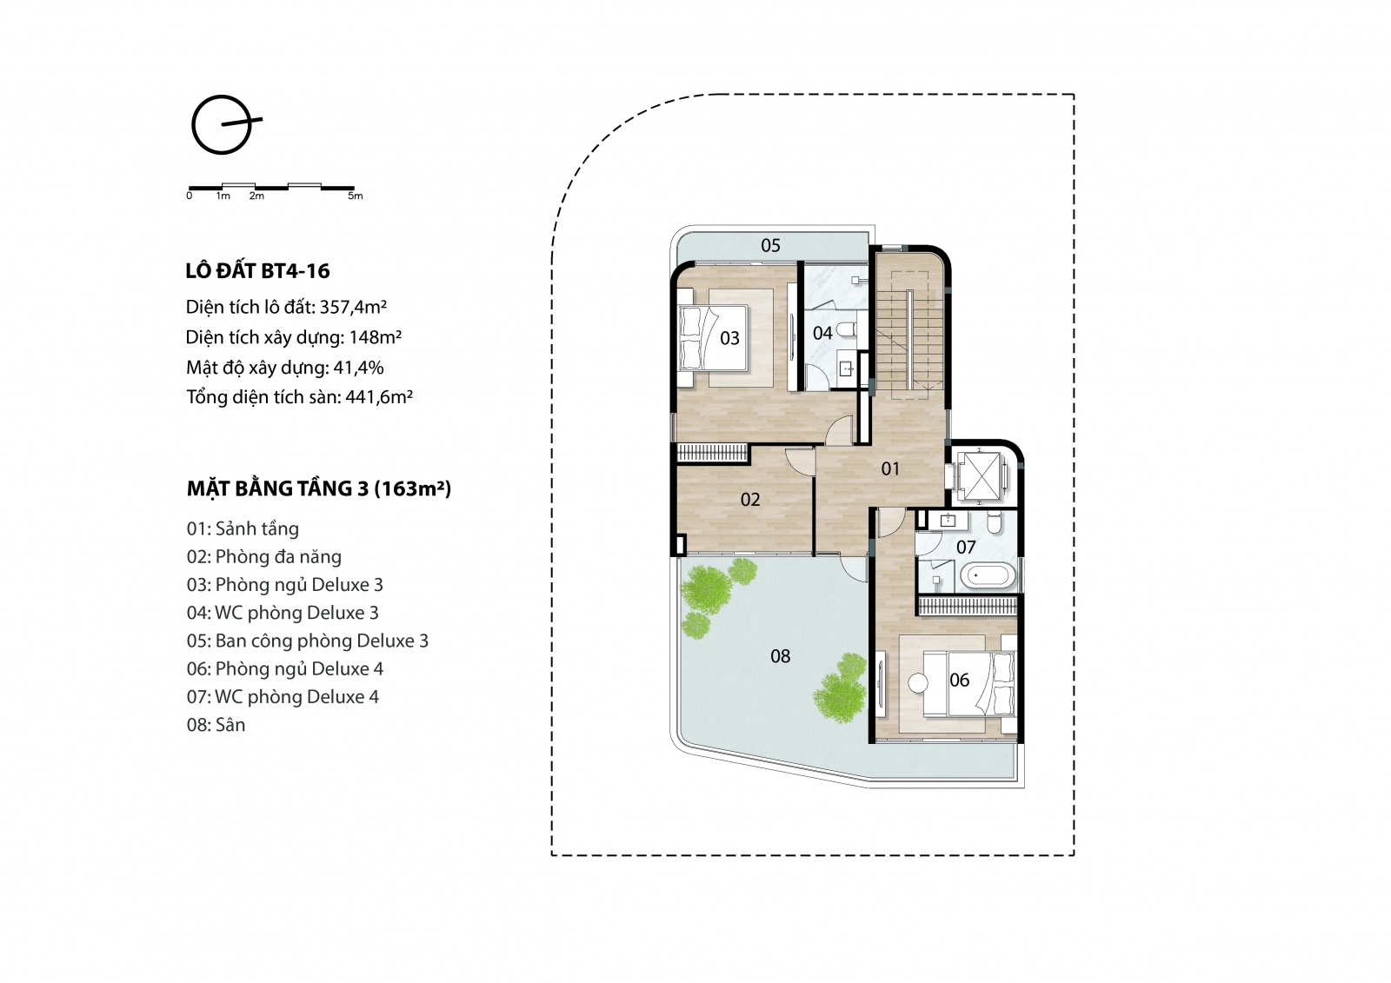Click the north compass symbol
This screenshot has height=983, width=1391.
[223, 125]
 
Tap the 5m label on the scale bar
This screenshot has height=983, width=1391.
[356, 196]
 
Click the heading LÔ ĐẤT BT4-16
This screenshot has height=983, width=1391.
[257, 271]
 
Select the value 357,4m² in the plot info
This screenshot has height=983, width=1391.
[353, 307]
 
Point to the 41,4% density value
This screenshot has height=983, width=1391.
[358, 368]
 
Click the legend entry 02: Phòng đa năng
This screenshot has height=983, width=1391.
[264, 557]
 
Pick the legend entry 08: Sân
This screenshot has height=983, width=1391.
[216, 725]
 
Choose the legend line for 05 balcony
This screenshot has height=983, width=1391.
[308, 641]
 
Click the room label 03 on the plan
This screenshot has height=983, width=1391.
[729, 338]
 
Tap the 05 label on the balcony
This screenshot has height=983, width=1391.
[770, 246]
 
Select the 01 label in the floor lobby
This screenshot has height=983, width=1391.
[890, 468]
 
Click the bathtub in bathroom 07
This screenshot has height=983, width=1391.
[988, 575]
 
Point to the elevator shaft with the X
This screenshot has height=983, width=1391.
[979, 475]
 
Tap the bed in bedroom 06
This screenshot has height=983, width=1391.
[969, 684]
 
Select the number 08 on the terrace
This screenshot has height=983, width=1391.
[781, 656]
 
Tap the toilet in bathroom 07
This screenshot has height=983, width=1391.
[995, 523]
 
